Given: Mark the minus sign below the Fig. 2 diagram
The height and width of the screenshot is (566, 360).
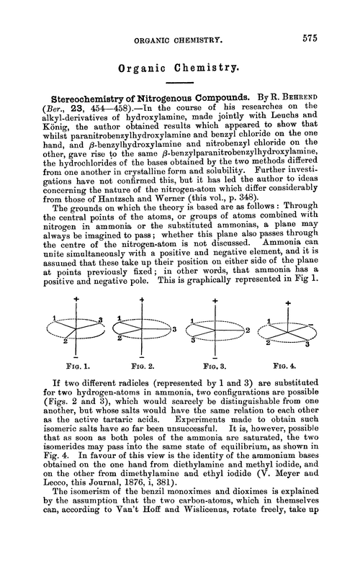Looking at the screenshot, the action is click(x=143, y=347).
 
